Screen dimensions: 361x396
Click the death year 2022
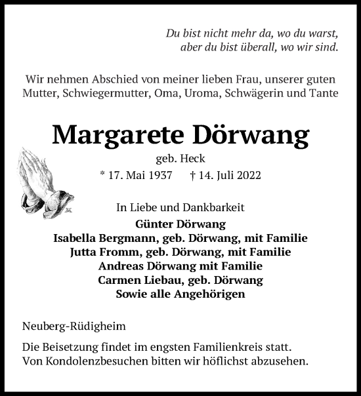point(247,176)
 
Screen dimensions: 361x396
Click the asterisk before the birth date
point(102,176)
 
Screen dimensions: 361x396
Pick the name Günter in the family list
point(144,224)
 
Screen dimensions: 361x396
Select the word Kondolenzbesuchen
point(104,361)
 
